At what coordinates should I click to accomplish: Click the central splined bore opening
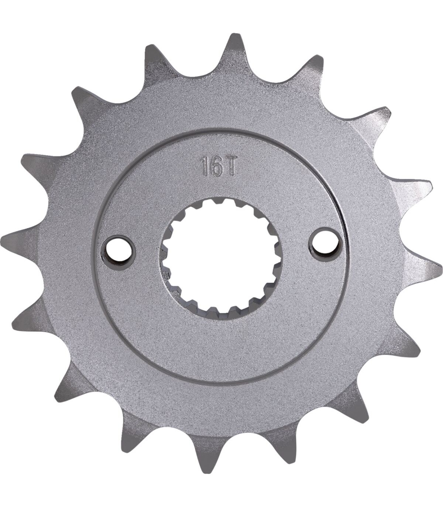219,257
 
